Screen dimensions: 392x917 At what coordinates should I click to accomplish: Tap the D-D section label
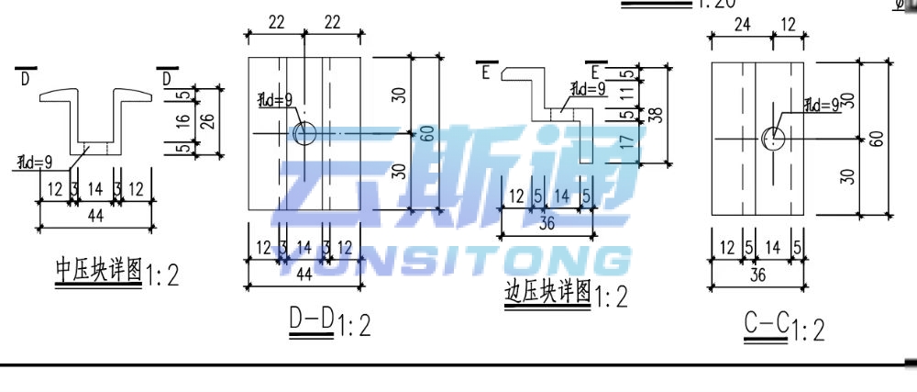[312, 319]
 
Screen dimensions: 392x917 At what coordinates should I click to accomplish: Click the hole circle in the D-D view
[304, 133]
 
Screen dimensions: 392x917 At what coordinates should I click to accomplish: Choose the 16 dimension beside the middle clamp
[183, 120]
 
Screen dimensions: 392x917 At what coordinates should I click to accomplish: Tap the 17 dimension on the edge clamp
[627, 143]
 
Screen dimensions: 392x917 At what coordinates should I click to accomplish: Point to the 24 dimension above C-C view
[741, 26]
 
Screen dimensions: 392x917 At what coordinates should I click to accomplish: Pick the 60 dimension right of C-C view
[878, 138]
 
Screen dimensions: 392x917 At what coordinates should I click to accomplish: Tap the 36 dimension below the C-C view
[757, 275]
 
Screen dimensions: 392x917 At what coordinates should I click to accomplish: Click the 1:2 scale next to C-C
[809, 329]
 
